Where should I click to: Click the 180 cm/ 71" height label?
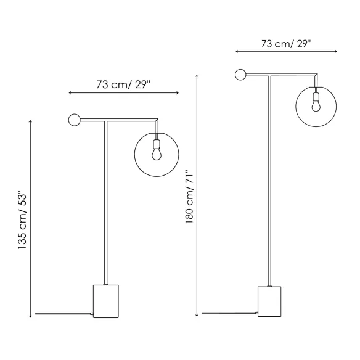pyautogui.click(x=190, y=197)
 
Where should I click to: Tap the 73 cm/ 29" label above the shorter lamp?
pyautogui.click(x=123, y=84)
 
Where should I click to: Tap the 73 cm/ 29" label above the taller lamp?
pyautogui.click(x=286, y=44)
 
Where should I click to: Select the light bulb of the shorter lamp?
pyautogui.click(x=157, y=150)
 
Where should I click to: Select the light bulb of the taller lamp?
pyautogui.click(x=316, y=102)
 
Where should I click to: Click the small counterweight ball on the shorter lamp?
pyautogui.click(x=75, y=120)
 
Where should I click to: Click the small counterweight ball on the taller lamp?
pyautogui.click(x=240, y=75)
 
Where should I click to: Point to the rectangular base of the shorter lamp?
pyautogui.click(x=106, y=301)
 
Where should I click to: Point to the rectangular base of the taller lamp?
pyautogui.click(x=269, y=301)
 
